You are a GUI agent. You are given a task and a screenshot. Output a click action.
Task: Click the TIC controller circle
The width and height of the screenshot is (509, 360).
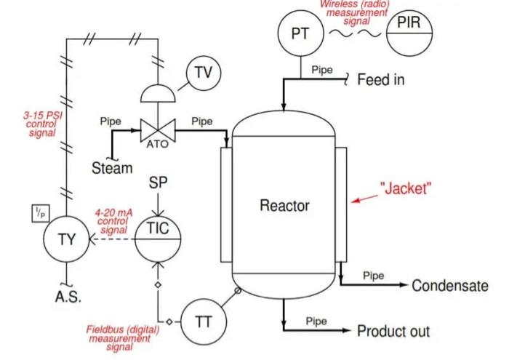(x=158, y=234)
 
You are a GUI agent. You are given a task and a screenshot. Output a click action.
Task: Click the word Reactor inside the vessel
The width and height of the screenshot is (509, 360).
(x=284, y=206)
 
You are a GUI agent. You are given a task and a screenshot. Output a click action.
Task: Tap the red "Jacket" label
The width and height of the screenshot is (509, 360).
(x=406, y=189)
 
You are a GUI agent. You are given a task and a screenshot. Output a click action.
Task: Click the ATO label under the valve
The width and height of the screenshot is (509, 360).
(x=157, y=144)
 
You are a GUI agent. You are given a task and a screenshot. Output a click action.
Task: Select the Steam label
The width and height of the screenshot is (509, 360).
(x=112, y=169)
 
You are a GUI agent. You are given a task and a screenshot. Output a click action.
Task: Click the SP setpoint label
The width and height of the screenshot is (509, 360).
(x=158, y=183)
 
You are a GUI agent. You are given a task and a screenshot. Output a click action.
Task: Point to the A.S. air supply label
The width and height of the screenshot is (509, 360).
(x=68, y=297)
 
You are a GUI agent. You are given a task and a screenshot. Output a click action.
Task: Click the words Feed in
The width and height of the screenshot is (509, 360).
(x=380, y=79)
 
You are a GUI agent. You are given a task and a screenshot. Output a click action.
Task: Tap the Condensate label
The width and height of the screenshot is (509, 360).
(x=449, y=286)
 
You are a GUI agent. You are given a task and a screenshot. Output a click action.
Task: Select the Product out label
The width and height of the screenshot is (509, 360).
(x=393, y=332)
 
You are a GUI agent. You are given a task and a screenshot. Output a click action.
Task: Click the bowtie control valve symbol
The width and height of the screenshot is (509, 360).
(x=157, y=131)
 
